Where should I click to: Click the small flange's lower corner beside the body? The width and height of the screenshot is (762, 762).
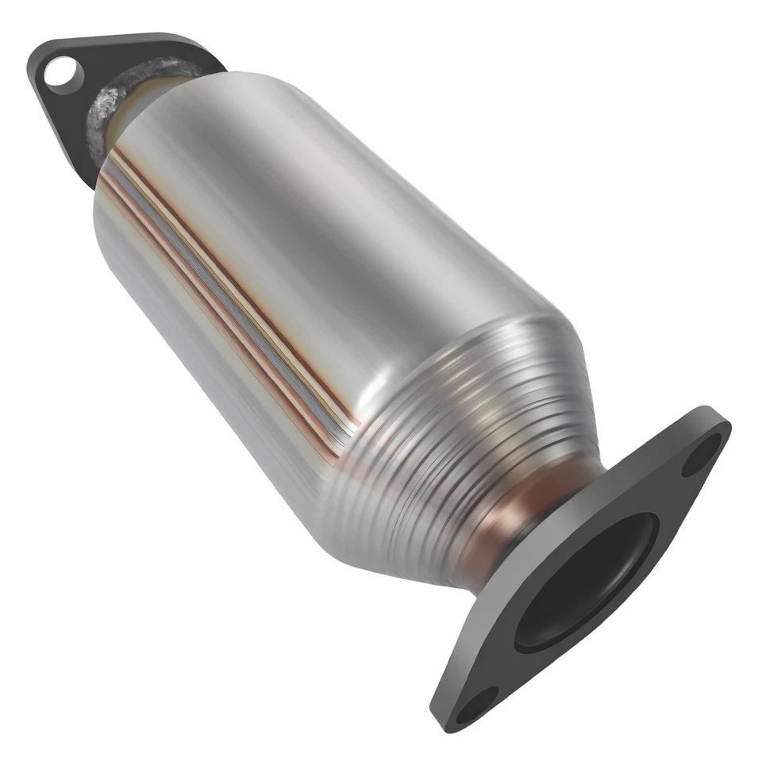click(x=87, y=179)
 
